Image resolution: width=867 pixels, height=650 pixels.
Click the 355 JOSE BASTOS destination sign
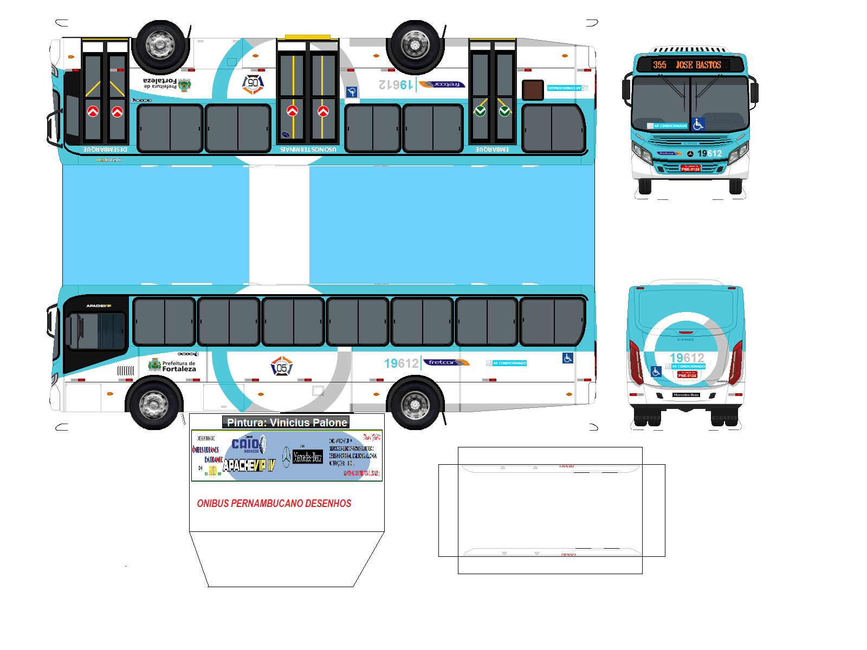tap(687, 65)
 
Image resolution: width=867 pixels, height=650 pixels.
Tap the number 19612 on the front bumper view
tap(709, 154)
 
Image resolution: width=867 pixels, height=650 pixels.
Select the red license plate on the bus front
tap(690, 168)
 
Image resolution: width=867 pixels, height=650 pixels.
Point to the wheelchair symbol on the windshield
tap(698, 125)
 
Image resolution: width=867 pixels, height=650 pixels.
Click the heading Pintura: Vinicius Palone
tap(287, 422)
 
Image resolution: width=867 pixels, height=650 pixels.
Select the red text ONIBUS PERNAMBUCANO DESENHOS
tap(274, 504)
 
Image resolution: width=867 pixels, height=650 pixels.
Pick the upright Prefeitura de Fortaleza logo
tap(172, 366)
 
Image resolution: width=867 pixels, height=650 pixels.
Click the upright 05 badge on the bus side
tap(282, 367)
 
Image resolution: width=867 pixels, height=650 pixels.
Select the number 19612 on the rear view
tap(687, 358)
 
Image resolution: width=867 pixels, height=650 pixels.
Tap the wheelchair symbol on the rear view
tap(656, 372)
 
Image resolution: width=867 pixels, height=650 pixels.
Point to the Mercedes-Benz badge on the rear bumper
tap(686, 395)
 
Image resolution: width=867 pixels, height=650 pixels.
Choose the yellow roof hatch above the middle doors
tap(307, 37)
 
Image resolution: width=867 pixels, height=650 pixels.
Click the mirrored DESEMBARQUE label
tap(105, 149)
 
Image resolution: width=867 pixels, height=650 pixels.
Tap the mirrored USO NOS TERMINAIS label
tap(308, 149)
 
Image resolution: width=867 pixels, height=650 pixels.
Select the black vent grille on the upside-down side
tap(533, 90)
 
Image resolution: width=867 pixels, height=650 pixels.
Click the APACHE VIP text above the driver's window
tap(99, 306)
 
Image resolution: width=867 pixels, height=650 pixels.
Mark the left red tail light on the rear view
tap(636, 361)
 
